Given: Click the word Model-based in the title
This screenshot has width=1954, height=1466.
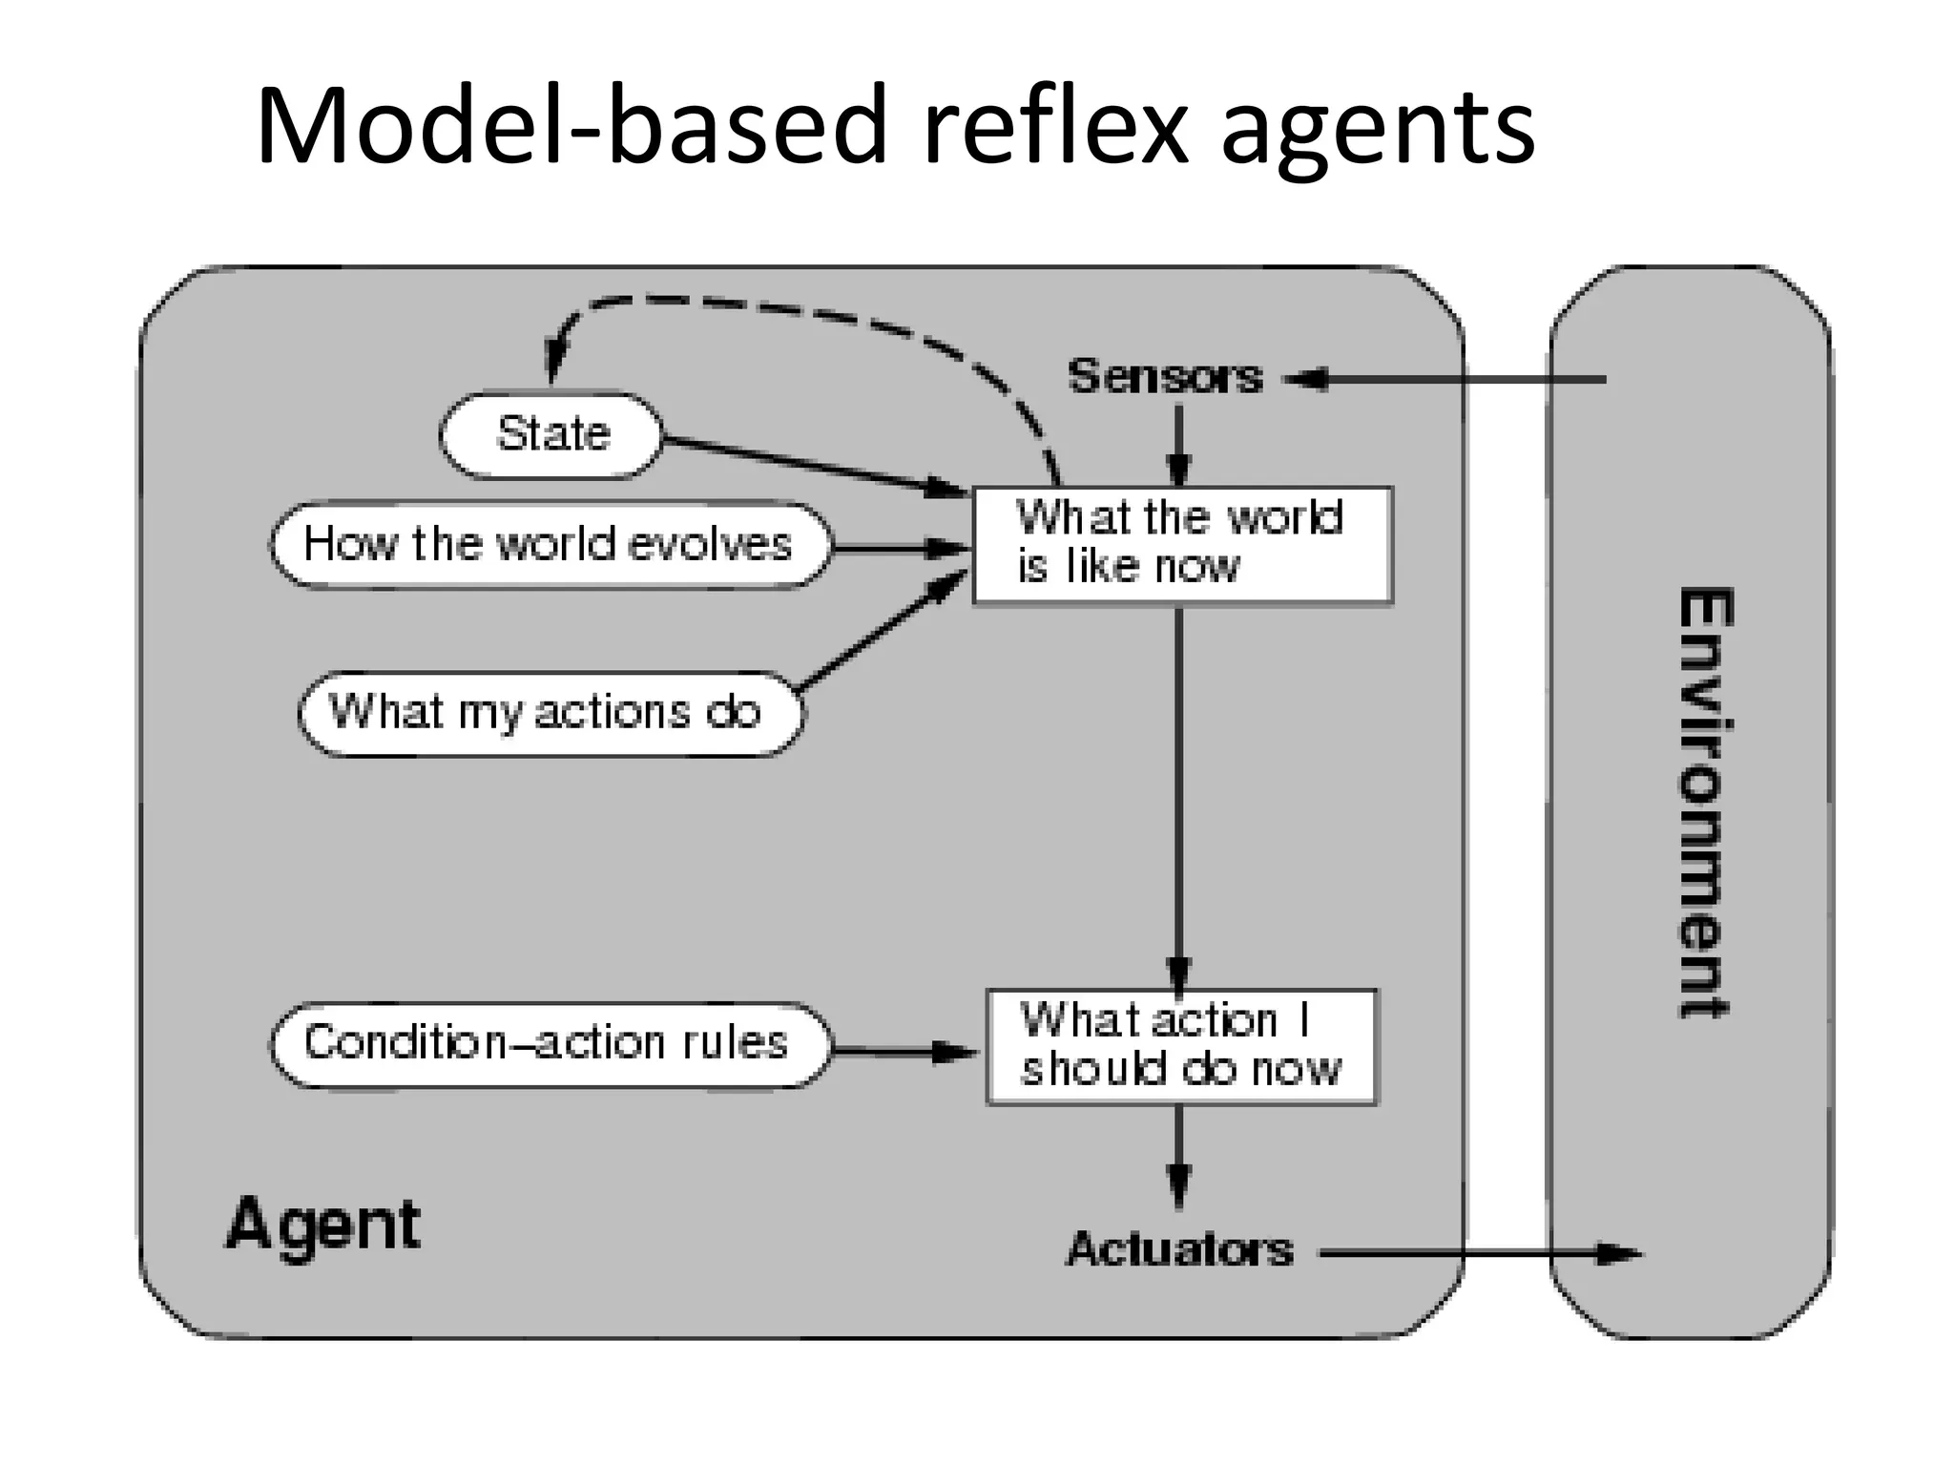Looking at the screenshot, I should coord(572,126).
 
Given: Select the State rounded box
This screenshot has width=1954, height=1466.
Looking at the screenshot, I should coord(551,435).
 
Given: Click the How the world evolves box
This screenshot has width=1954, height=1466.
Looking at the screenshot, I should coord(549,545).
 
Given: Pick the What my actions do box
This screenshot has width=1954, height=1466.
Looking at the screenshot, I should coord(549,713).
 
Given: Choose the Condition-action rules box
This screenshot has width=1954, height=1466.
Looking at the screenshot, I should coord(549,1043).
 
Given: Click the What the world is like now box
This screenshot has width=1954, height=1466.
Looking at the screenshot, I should coord(1181,545).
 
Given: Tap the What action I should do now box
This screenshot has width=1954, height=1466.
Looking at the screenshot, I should coord(1181,1046).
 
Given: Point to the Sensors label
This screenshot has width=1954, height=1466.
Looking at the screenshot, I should coord(1165,376).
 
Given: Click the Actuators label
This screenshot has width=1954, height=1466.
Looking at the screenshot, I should coord(1179,1249).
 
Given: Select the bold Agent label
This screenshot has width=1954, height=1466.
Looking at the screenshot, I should coord(322,1225).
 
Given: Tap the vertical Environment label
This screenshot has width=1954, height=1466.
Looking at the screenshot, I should coord(1705,802).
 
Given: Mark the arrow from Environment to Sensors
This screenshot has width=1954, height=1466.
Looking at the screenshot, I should coord(1450,380).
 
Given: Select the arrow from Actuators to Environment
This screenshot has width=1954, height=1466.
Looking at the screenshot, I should coord(1479,1253).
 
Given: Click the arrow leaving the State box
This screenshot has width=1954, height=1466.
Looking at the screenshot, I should coord(811,467).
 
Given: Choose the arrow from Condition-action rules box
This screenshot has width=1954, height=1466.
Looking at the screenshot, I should coord(902,1052).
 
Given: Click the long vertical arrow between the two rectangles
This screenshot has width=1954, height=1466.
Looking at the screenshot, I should coord(1179,792).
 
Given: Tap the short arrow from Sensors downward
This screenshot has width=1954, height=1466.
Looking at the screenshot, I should coord(1179,444).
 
